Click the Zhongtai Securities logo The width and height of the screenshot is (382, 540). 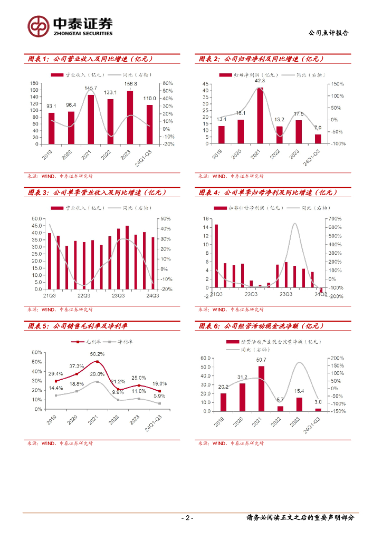pyautogui.click(x=70, y=26)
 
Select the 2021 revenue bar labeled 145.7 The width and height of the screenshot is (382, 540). pyautogui.click(x=91, y=119)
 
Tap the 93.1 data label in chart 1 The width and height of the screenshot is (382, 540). pyautogui.click(x=51, y=107)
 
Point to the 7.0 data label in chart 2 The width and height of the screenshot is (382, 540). pyautogui.click(x=317, y=128)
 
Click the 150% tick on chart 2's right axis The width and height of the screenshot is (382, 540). pyautogui.click(x=338, y=84)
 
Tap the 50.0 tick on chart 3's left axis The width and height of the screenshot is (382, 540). pyautogui.click(x=37, y=219)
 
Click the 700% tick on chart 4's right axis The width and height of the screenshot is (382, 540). pyautogui.click(x=336, y=218)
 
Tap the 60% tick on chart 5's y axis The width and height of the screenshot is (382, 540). pyautogui.click(x=37, y=352)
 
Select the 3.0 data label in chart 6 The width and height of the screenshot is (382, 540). pyautogui.click(x=318, y=402)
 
